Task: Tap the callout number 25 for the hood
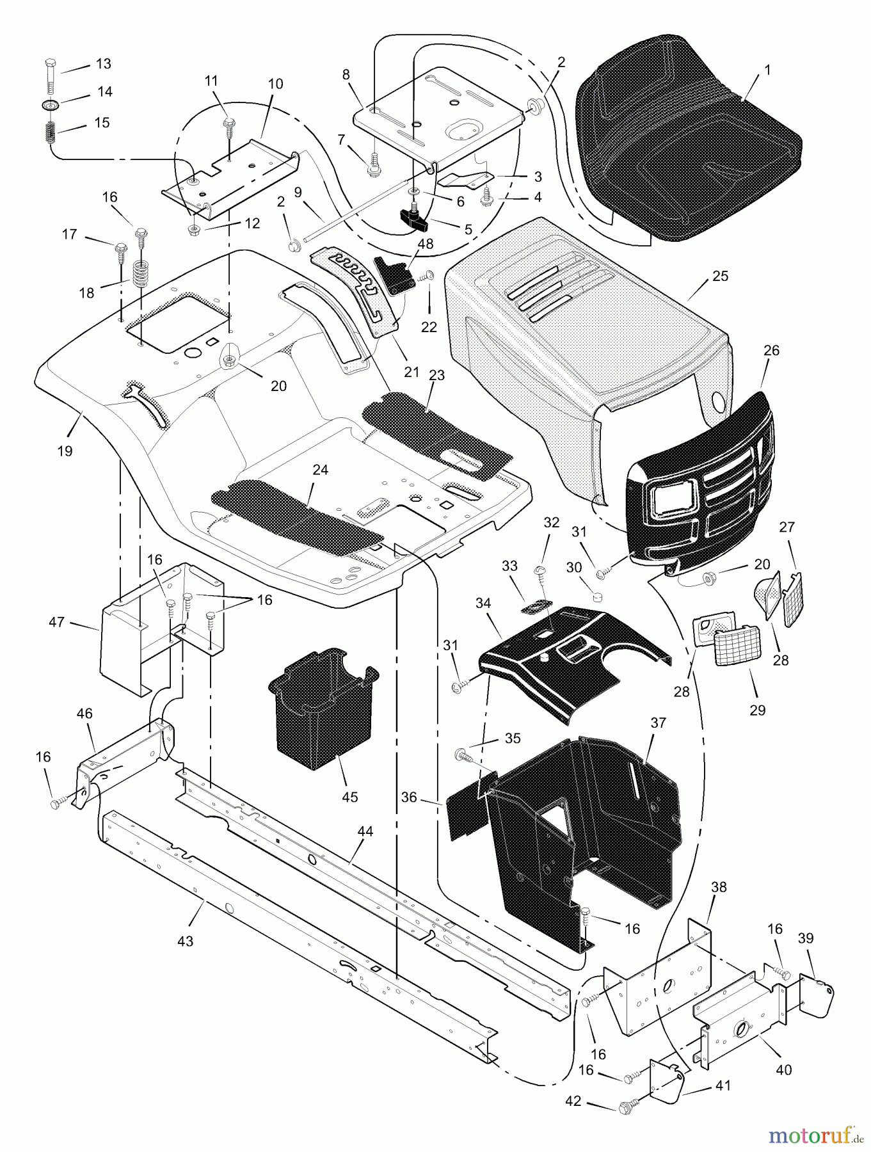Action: tap(721, 276)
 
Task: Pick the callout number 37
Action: tap(659, 723)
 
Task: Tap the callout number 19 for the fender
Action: tap(64, 451)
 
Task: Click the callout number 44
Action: tap(365, 831)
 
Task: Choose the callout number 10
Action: tap(275, 84)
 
